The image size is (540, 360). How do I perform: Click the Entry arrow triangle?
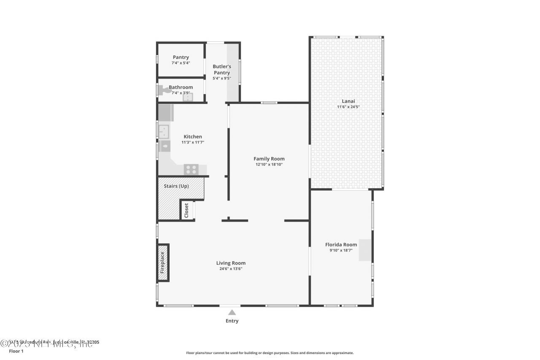click(232, 312)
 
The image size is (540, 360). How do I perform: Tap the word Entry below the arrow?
click(232, 321)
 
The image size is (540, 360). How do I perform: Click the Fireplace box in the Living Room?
click(163, 262)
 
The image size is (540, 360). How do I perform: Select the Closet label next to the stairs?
click(186, 210)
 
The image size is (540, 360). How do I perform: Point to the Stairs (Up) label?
click(176, 186)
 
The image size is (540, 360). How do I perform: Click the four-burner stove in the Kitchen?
click(191, 169)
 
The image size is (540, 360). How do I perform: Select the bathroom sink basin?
click(187, 97)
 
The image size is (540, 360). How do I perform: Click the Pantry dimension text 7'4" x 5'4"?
click(181, 63)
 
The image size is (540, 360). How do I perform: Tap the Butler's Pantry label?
click(221, 70)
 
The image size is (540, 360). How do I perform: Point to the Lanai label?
click(348, 101)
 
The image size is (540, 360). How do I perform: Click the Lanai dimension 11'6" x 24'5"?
click(348, 107)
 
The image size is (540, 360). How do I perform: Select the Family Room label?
click(269, 159)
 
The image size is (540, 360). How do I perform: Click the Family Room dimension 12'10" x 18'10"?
click(269, 165)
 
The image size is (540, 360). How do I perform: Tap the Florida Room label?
click(341, 244)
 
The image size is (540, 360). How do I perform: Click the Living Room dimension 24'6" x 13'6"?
click(231, 268)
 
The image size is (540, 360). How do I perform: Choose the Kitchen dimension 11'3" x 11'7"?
click(192, 142)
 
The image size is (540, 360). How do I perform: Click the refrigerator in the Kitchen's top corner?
click(166, 113)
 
